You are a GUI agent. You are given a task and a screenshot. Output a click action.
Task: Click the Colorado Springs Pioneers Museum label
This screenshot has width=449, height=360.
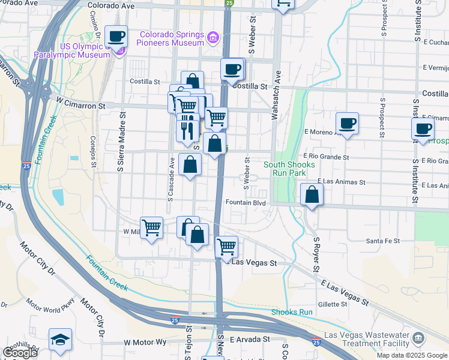170,38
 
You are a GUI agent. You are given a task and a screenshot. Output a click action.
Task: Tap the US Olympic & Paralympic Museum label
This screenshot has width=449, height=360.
86,50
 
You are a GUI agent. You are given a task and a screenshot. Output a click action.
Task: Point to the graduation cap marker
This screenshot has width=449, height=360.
60,340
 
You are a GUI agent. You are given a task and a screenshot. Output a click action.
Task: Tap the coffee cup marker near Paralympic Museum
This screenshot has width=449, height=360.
116,37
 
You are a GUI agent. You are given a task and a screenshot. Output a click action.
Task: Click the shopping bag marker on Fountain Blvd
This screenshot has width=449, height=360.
312,195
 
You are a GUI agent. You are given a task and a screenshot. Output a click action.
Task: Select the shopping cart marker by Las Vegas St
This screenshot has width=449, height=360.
226,247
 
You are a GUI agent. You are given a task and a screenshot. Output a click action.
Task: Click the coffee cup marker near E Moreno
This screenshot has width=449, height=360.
347,124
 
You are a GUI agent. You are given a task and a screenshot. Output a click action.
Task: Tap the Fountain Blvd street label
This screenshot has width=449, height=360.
246,203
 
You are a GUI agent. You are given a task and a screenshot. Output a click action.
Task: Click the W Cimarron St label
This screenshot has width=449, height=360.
81,105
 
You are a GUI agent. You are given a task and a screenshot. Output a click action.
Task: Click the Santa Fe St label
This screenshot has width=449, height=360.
383,241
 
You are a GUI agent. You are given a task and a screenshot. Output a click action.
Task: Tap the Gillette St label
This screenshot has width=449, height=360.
333,304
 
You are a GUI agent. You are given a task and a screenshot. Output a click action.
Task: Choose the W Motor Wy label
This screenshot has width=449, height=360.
145,342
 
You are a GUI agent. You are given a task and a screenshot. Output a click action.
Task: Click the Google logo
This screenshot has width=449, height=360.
20,352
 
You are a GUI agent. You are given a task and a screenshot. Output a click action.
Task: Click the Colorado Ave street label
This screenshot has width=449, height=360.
111,6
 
